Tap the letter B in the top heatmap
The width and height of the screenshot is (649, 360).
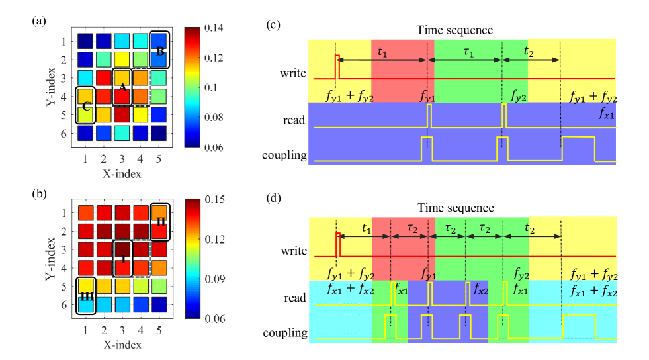pos(160,51)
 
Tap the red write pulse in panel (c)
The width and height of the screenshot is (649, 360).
pos(337,66)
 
